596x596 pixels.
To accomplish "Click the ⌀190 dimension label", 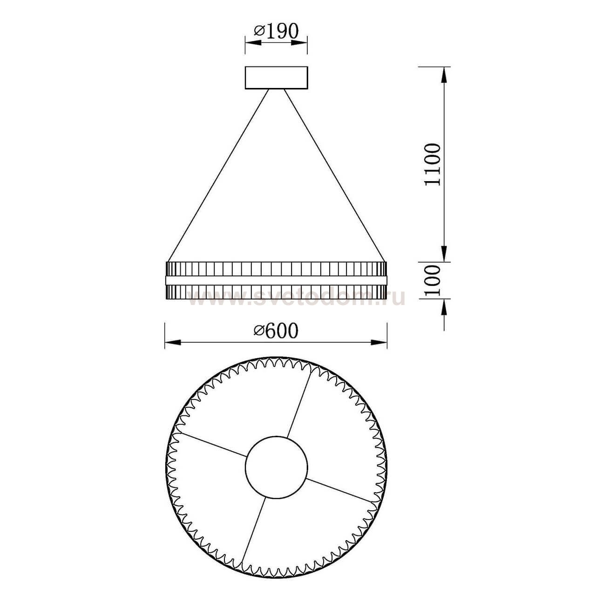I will [276, 31].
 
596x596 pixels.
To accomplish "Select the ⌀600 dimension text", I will [276, 331].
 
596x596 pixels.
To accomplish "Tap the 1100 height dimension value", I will [432, 164].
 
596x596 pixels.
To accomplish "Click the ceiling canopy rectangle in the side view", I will [276, 78].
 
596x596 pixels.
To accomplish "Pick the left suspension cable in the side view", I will [219, 175].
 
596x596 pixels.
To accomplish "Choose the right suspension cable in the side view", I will [334, 175].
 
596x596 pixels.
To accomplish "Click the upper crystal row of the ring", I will [276, 269].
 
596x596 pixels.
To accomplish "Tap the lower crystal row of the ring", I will [276, 292].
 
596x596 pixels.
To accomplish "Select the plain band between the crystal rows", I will [276, 280].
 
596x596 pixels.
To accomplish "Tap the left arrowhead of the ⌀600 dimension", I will [172, 343].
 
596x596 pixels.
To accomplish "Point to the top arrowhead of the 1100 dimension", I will [445, 74].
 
